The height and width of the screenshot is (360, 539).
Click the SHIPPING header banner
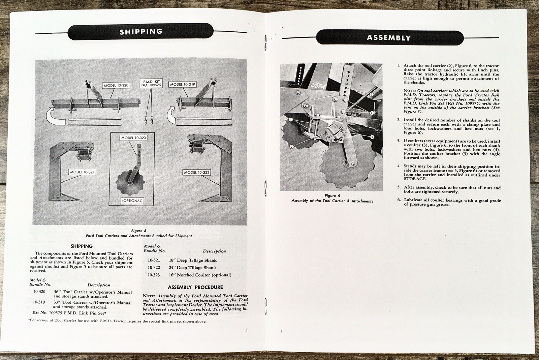[x=141, y=32]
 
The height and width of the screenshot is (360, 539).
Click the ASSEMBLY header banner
[x=389, y=38]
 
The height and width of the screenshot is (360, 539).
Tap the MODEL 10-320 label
[x=116, y=85]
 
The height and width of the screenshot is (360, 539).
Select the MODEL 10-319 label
[x=182, y=84]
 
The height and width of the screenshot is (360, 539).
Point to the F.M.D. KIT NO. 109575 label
[x=151, y=83]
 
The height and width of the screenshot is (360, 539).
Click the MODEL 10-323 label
[x=133, y=138]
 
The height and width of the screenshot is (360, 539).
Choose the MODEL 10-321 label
[x=82, y=172]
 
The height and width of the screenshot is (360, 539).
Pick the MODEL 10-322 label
[x=197, y=172]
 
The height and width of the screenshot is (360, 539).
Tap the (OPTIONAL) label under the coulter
[x=132, y=201]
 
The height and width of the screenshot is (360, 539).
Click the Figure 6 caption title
[x=332, y=196]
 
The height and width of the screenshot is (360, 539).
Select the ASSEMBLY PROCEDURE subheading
[x=195, y=287]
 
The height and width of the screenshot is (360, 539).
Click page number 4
[x=247, y=330]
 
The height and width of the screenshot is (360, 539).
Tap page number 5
[x=281, y=332]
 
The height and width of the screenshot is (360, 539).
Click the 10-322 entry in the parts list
[x=154, y=268]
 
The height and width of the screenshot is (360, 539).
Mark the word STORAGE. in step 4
[x=415, y=179]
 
